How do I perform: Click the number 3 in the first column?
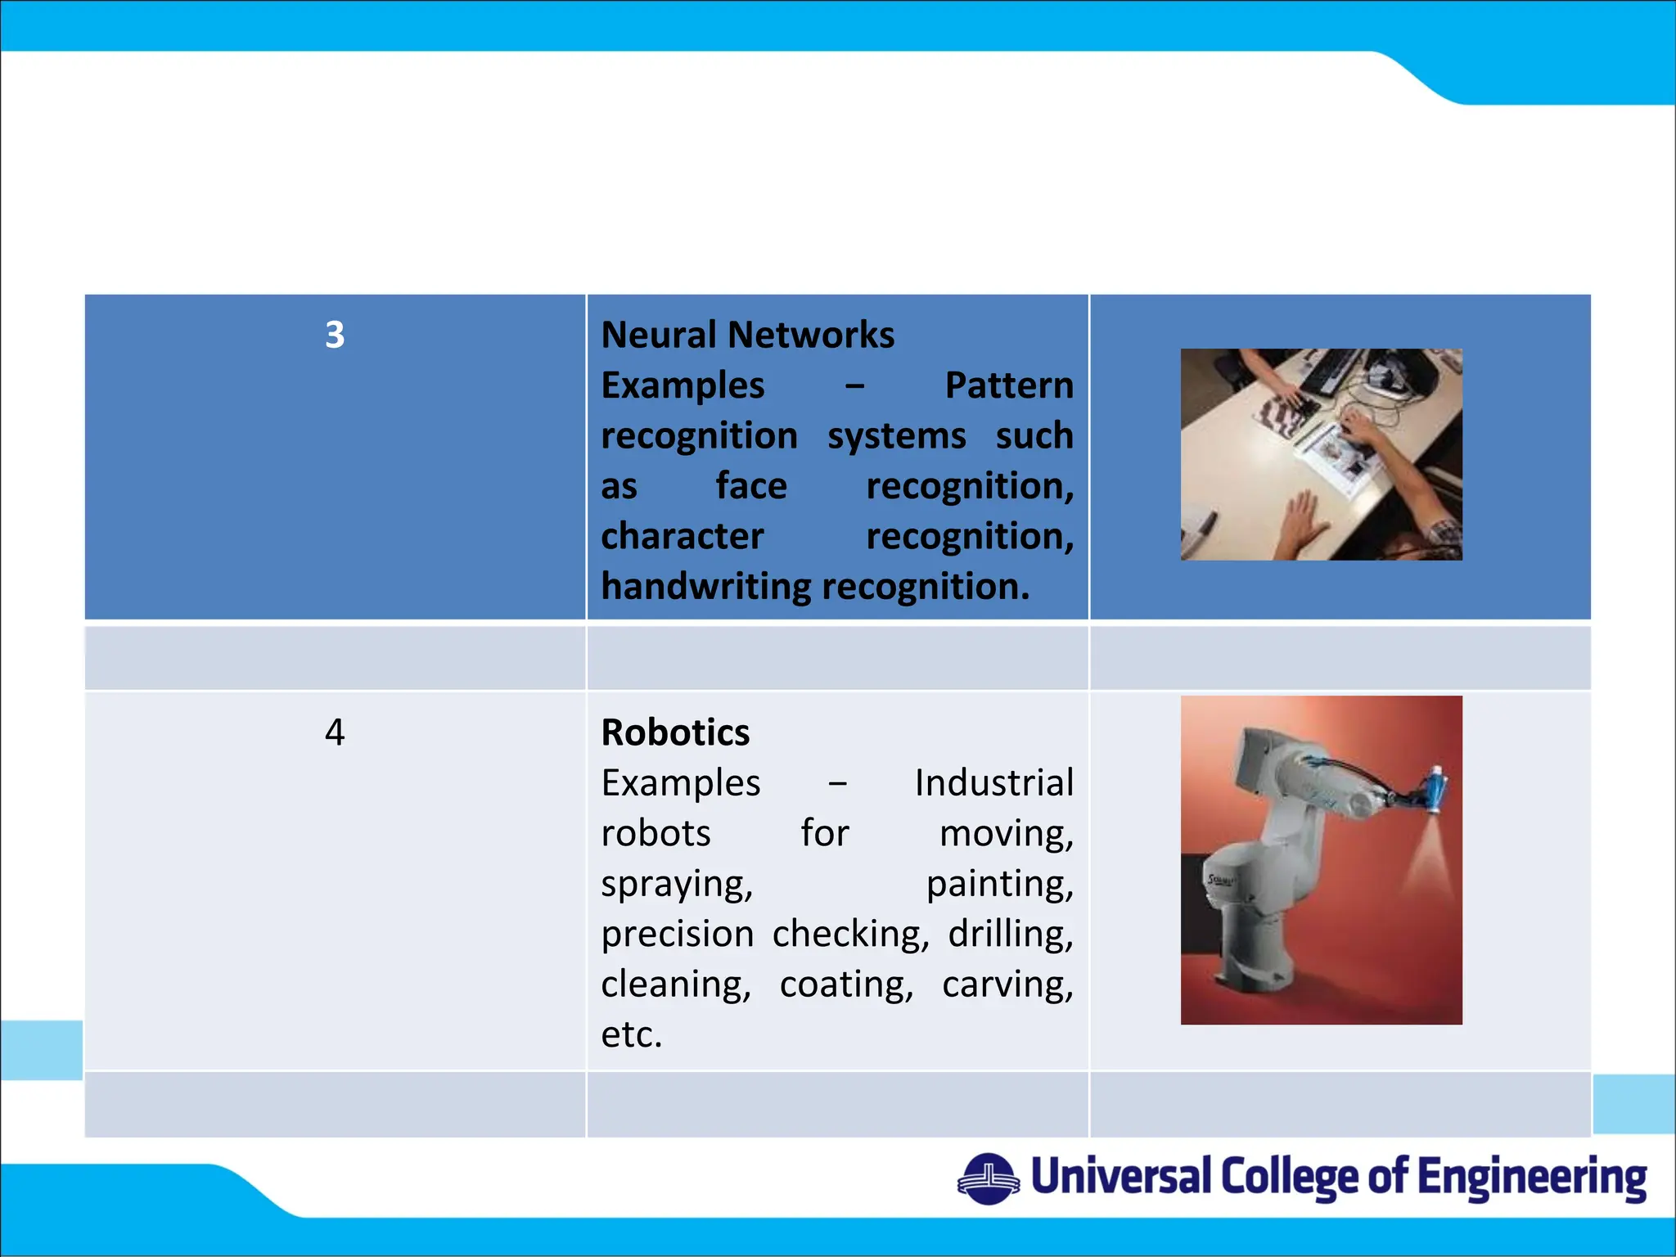[x=335, y=335]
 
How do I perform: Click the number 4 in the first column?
[x=335, y=732]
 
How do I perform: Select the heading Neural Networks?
[x=747, y=335]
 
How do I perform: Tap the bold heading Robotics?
[x=675, y=732]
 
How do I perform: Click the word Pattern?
[x=1008, y=385]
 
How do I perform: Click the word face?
[x=750, y=486]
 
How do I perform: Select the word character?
[x=682, y=537]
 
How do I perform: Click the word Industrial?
[x=993, y=783]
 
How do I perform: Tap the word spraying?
[x=677, y=885]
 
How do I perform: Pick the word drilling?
[x=1010, y=935]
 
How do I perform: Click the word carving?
[x=1007, y=984]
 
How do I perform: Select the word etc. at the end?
[x=631, y=1035]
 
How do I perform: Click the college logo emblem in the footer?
[x=988, y=1178]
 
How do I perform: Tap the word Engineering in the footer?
[x=1531, y=1178]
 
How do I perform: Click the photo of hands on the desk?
[x=1321, y=454]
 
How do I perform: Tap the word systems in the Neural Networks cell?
[x=896, y=436]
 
